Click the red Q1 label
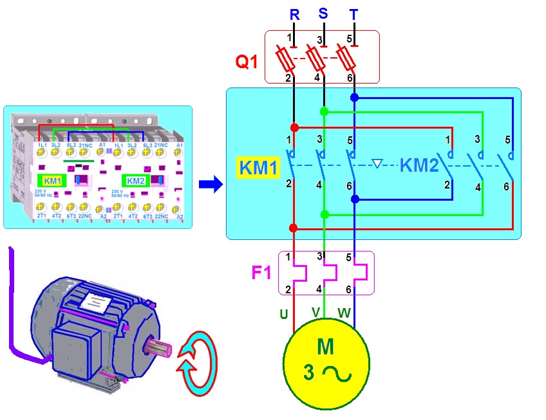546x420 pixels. [247, 62]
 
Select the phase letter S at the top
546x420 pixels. [323, 13]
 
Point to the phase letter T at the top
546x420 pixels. [353, 14]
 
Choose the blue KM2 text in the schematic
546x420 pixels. [419, 166]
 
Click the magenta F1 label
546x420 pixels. [262, 273]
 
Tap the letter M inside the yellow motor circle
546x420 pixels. [326, 347]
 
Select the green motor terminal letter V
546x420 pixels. [315, 312]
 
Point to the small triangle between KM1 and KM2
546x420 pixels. [378, 164]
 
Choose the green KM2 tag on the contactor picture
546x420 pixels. [136, 181]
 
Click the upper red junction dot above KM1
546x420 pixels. [294, 127]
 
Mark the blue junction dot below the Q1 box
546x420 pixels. [354, 98]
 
